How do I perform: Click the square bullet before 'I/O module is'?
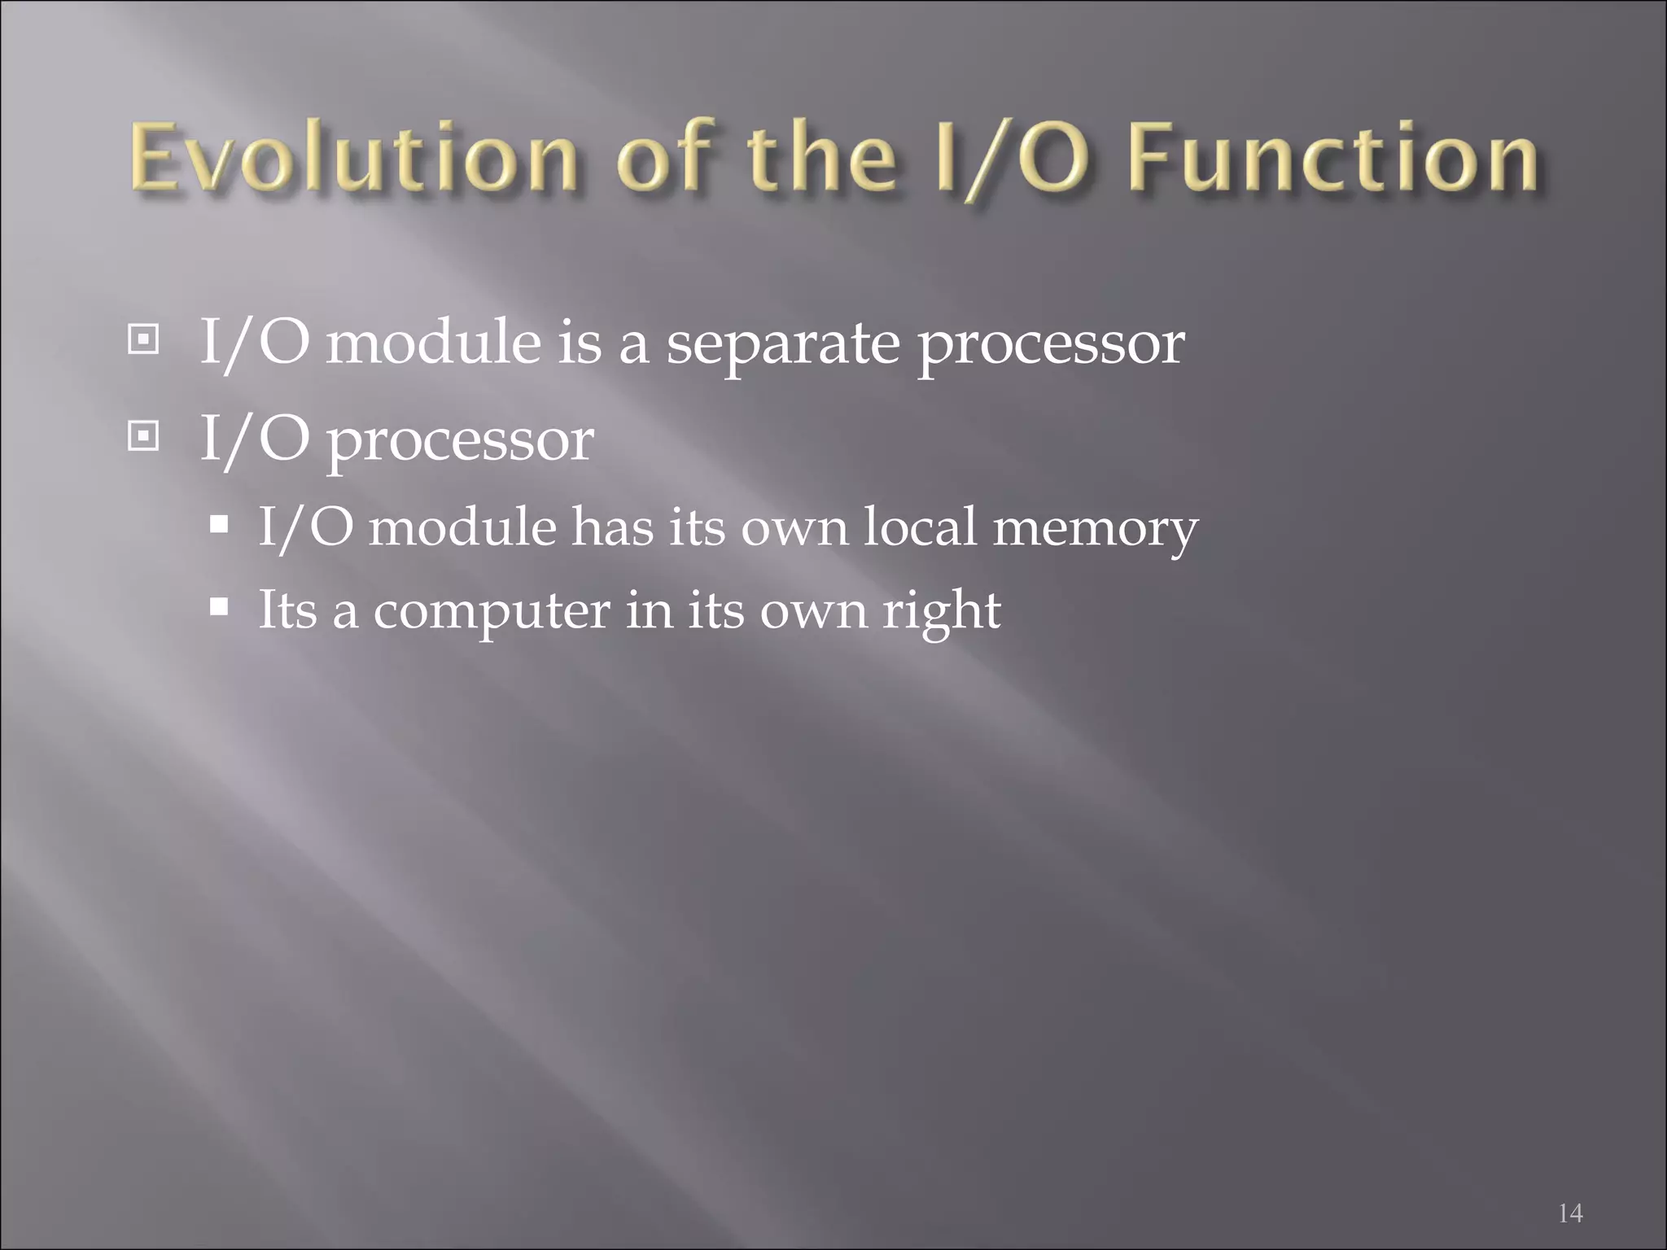pyautogui.click(x=143, y=339)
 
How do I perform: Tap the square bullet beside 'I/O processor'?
pyautogui.click(x=143, y=438)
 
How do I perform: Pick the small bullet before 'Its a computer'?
pyautogui.click(x=218, y=607)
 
